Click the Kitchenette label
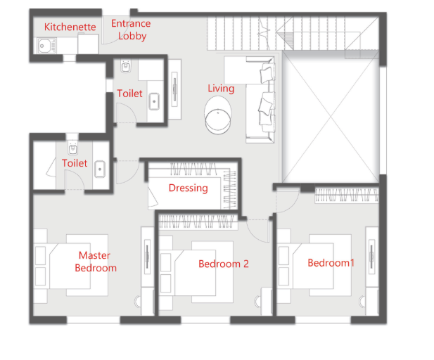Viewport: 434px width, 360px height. click(x=70, y=27)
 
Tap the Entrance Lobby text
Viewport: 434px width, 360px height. click(x=131, y=30)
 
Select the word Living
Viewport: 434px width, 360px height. click(x=221, y=89)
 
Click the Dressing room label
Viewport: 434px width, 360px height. click(x=189, y=188)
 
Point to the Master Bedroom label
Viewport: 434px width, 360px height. click(x=96, y=262)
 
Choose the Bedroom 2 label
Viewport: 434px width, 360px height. click(x=224, y=264)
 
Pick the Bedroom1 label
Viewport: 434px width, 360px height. click(x=331, y=262)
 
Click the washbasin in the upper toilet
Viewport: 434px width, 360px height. click(x=154, y=101)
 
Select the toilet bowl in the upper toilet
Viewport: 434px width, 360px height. click(x=126, y=66)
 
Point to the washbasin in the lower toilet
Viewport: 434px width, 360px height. click(x=100, y=169)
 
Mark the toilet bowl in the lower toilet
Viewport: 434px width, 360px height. click(x=72, y=148)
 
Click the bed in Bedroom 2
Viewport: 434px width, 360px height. click(x=204, y=272)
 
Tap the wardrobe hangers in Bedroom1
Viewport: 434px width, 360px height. click(x=347, y=195)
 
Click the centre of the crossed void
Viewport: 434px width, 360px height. click(x=331, y=117)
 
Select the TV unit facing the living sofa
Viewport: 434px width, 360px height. click(x=174, y=89)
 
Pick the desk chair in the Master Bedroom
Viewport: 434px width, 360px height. click(x=138, y=302)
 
